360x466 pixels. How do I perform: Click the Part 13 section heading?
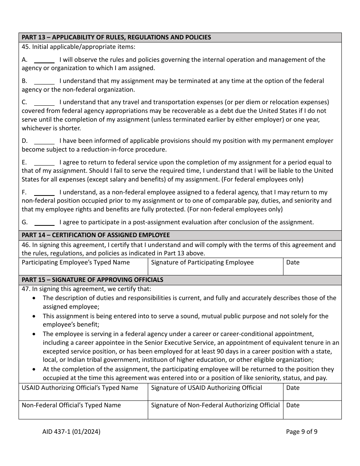pos(116,37)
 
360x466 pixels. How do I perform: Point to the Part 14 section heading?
pos(95,235)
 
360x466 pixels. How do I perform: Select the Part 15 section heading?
pos(92,280)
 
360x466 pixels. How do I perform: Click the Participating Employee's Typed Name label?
pos(75,262)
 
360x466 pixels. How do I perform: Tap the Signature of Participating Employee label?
pos(202,262)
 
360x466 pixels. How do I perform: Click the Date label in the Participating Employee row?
pos(293,262)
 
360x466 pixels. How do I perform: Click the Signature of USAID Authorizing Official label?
pos(206,388)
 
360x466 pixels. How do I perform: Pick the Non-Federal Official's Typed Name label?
pos(71,405)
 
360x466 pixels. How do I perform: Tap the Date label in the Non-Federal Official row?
pos(293,405)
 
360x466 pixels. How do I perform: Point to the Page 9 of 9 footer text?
pos(302,431)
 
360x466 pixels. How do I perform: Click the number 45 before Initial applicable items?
pos(25,47)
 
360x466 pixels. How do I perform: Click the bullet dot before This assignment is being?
pos(35,316)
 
